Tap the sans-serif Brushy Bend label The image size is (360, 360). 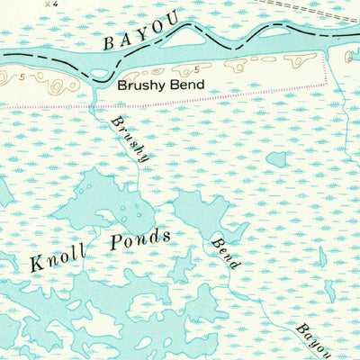(x=161, y=85)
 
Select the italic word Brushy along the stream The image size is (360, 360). (x=129, y=139)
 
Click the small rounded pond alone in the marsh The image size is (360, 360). (x=276, y=158)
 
